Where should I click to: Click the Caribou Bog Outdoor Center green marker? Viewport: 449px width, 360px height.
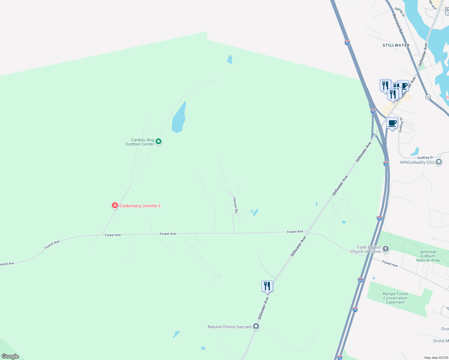pyautogui.click(x=159, y=141)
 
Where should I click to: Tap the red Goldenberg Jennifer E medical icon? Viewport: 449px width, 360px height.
pyautogui.click(x=115, y=205)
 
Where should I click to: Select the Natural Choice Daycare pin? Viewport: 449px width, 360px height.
pyautogui.click(x=256, y=326)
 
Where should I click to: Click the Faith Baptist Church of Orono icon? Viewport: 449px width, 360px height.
pyautogui.click(x=386, y=249)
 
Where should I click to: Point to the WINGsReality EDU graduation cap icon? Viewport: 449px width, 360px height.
pyautogui.click(x=438, y=162)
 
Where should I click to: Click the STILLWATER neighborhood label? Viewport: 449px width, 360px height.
pyautogui.click(x=396, y=45)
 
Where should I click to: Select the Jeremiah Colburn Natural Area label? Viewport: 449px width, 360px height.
pyautogui.click(x=428, y=256)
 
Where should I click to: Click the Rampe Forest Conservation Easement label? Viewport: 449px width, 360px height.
pyautogui.click(x=395, y=298)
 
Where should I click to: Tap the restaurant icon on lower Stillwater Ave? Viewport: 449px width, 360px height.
pyautogui.click(x=267, y=286)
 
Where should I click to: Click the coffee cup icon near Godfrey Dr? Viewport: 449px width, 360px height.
pyautogui.click(x=392, y=123)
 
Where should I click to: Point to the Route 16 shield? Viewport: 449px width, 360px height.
pyautogui.click(x=428, y=97)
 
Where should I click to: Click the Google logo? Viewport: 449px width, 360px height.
pyautogui.click(x=10, y=356)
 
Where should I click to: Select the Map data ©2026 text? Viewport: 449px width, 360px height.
pyautogui.click(x=436, y=358)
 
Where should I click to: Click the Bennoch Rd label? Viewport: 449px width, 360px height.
pyautogui.click(x=397, y=23)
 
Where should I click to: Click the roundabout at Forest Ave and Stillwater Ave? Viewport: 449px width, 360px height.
pyautogui.click(x=307, y=232)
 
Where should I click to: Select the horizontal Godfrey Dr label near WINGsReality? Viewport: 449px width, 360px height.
pyautogui.click(x=425, y=157)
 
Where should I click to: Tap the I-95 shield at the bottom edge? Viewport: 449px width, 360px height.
pyautogui.click(x=339, y=358)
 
